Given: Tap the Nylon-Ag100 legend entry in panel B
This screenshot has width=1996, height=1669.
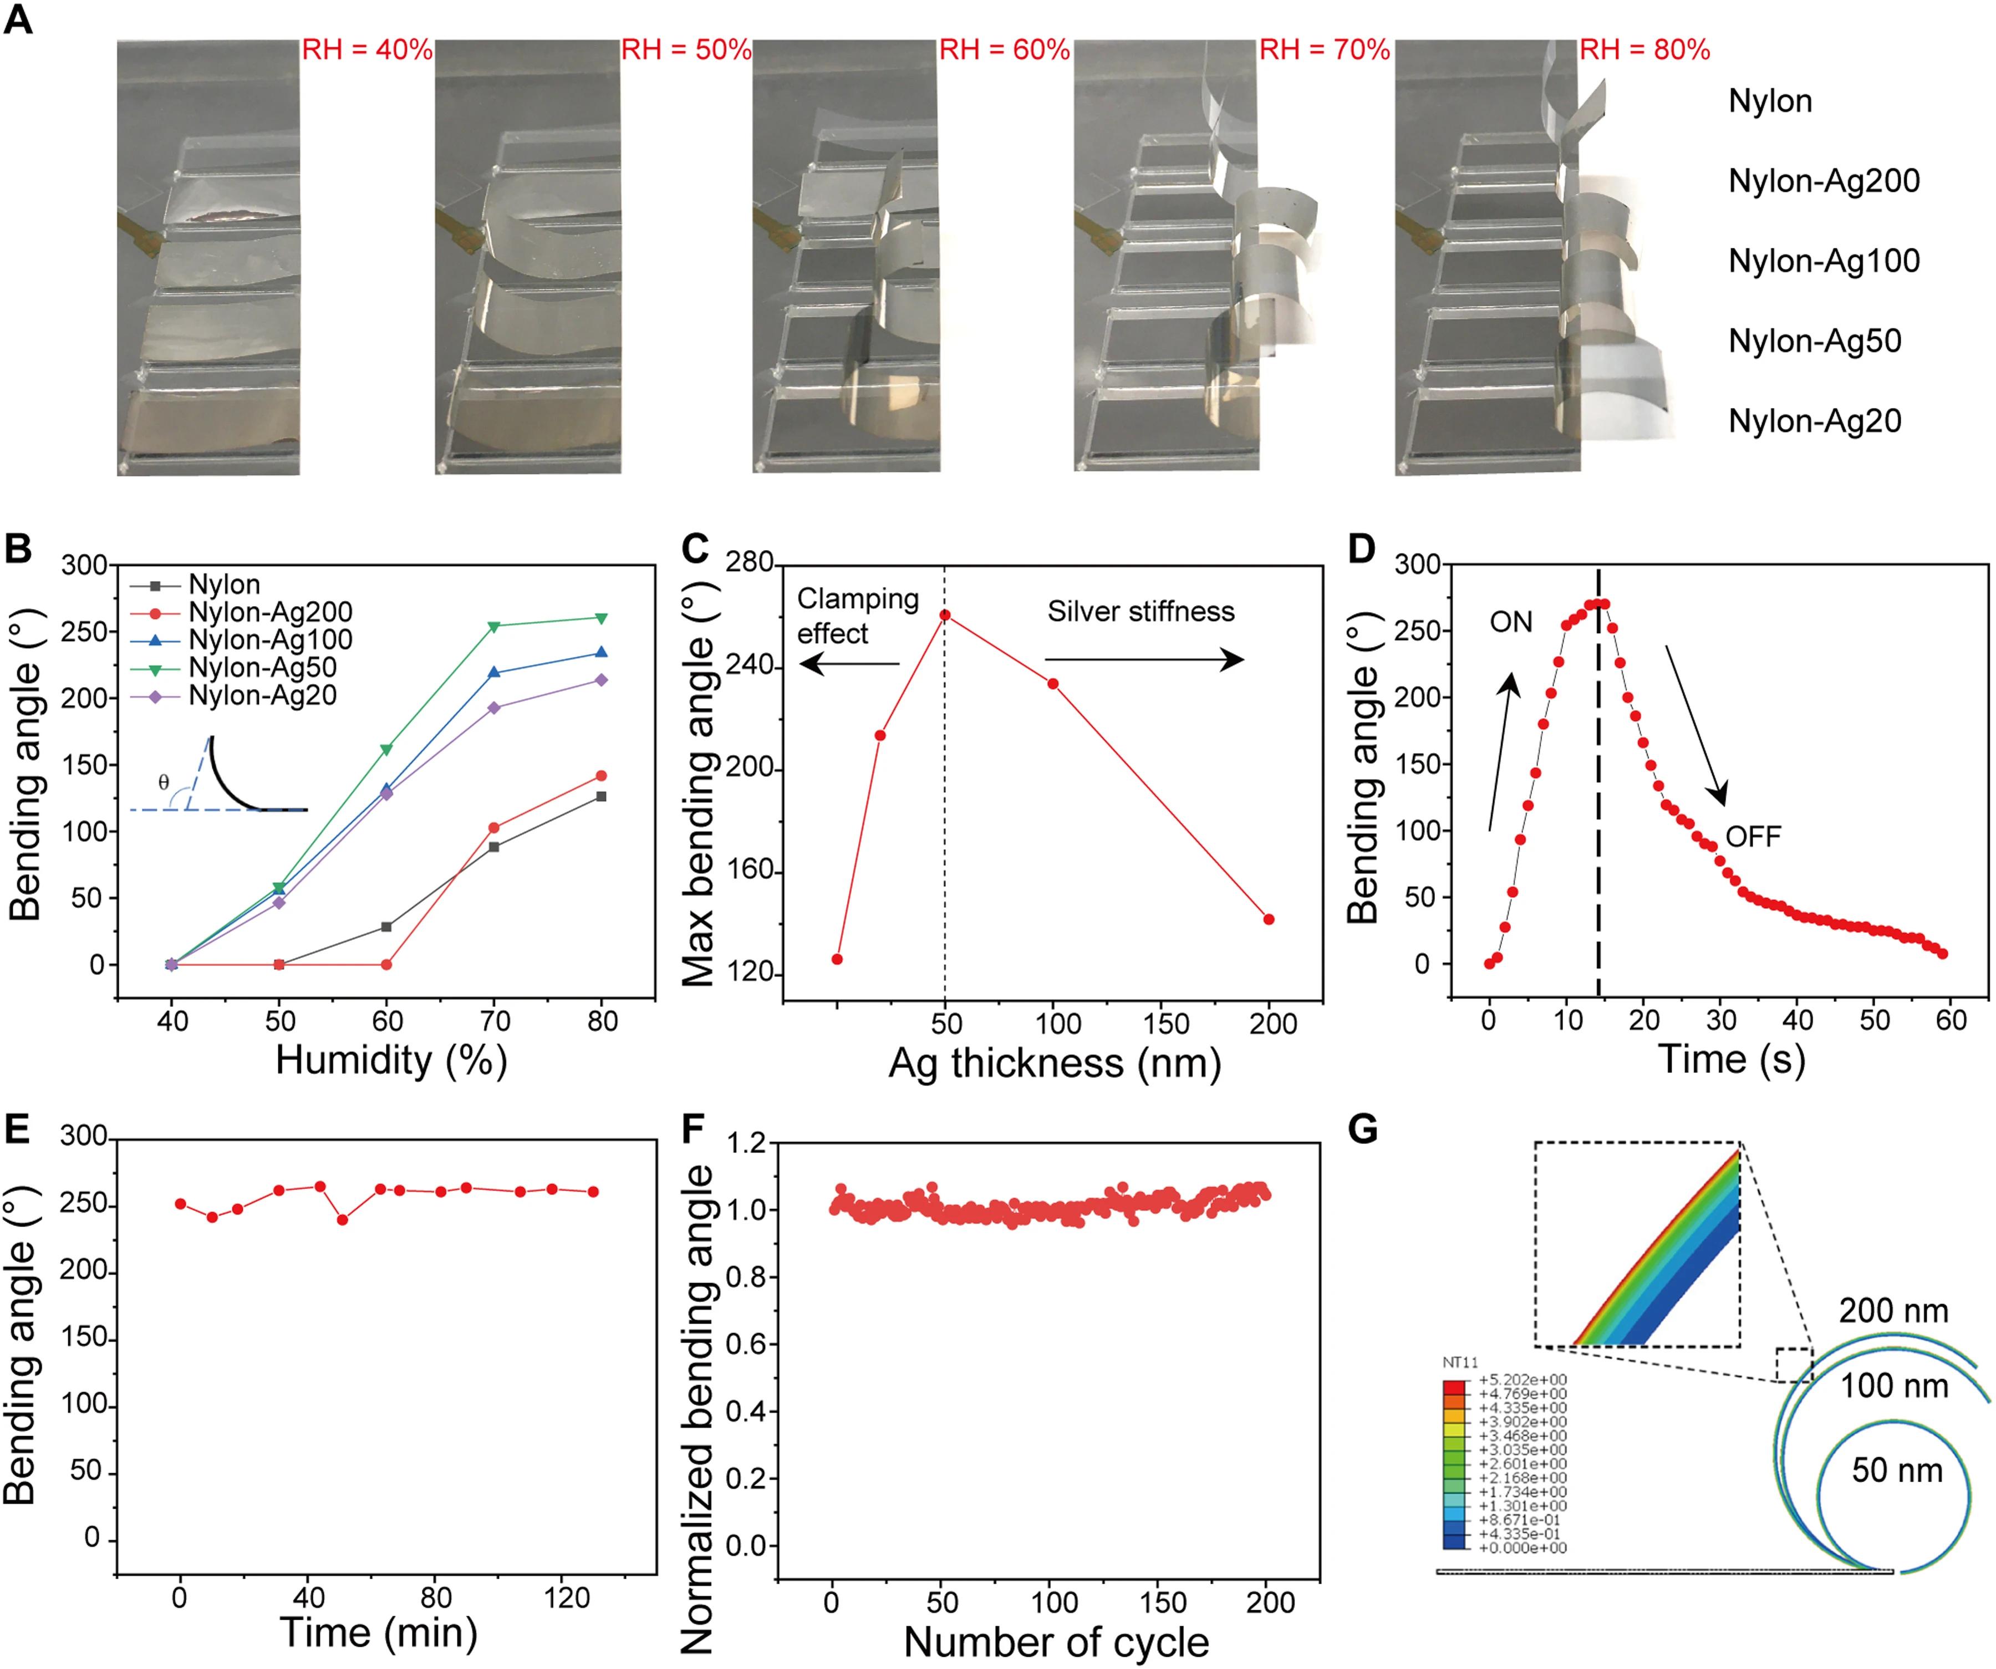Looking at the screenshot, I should [x=270, y=640].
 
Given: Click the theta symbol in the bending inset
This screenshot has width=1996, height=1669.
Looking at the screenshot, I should [x=164, y=782].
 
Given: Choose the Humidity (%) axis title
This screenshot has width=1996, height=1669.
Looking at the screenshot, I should [x=391, y=1060].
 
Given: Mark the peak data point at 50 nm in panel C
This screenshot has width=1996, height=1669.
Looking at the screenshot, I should [x=945, y=615].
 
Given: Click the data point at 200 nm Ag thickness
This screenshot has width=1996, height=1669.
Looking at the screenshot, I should [x=1269, y=919].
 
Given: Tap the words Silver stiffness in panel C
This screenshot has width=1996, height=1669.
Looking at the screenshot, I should [x=1140, y=611].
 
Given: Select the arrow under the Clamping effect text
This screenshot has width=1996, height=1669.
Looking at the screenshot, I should [x=849, y=663].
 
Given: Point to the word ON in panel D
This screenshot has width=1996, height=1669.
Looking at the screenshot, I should [x=1511, y=623].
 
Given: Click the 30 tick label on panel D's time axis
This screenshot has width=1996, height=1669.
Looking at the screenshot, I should [x=1722, y=1021].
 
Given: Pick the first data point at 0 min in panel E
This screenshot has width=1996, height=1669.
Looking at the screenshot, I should [x=181, y=1203].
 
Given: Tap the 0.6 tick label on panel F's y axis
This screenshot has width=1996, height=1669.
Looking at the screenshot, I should [x=746, y=1345].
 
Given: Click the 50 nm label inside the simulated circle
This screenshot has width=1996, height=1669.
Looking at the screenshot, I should [x=1896, y=1470].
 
